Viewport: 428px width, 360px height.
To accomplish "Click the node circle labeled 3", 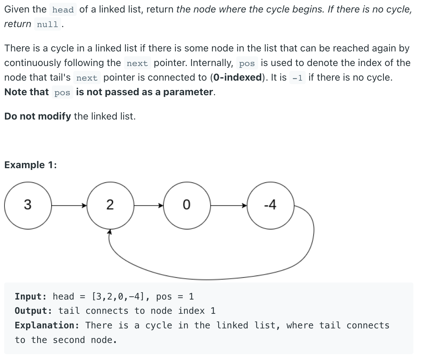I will pyautogui.click(x=27, y=205).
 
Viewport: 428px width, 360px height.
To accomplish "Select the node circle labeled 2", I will pyautogui.click(x=110, y=205).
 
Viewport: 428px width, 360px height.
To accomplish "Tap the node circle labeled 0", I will pyautogui.click(x=187, y=205).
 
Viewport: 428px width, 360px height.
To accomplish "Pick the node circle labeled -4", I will pyautogui.click(x=270, y=205).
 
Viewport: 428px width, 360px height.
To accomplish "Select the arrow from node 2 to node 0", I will pyautogui.click(x=149, y=206).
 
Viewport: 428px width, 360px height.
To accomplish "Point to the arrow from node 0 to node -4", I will pyautogui.click(x=229, y=206).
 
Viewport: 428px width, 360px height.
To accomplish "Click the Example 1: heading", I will pyautogui.click(x=31, y=165).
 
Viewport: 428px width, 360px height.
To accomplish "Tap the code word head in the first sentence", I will pyautogui.click(x=63, y=10).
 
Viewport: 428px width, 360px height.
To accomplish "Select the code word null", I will pyautogui.click(x=47, y=24).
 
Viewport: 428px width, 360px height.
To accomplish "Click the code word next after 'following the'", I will pyautogui.click(x=137, y=63).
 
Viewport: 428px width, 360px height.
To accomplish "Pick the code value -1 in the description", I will pyautogui.click(x=297, y=78).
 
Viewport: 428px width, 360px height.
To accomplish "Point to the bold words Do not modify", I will pyautogui.click(x=38, y=116).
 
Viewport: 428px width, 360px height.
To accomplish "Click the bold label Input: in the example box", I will pyautogui.click(x=31, y=296).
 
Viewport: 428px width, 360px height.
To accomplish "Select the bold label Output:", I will pyautogui.click(x=33, y=311).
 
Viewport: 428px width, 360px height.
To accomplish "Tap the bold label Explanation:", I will pyautogui.click(x=47, y=325).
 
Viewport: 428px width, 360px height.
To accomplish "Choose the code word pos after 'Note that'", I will pyautogui.click(x=62, y=92).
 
